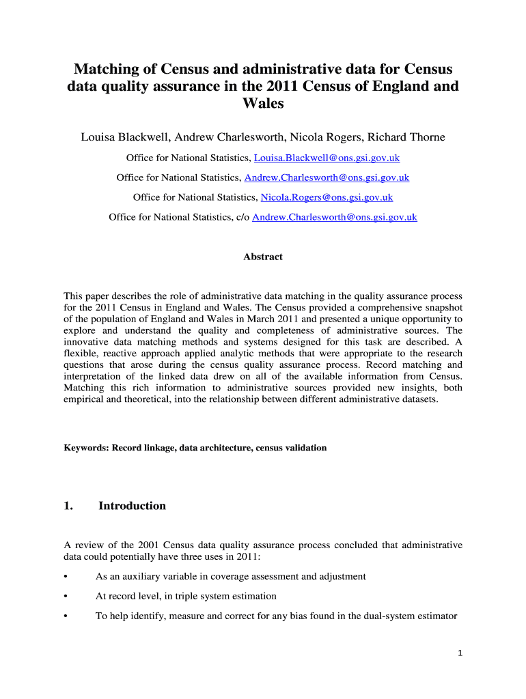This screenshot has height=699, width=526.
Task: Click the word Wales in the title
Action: (263, 104)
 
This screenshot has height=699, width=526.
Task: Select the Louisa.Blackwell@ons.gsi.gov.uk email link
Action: (327, 158)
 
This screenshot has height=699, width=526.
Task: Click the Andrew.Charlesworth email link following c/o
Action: (335, 218)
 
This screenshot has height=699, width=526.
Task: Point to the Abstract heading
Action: (263, 257)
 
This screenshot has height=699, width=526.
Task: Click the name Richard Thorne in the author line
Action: (406, 137)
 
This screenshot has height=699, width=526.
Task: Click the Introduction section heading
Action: (132, 506)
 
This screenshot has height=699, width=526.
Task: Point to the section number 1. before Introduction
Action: (68, 506)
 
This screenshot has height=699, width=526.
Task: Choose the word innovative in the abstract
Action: (87, 342)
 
